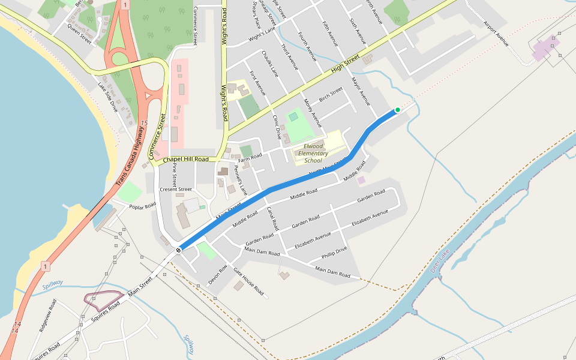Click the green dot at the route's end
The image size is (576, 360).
pyautogui.click(x=397, y=110)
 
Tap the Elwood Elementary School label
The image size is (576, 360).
pyautogui.click(x=313, y=153)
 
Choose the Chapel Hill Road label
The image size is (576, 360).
pyautogui.click(x=185, y=160)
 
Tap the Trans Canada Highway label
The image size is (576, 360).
pyautogui.click(x=131, y=155)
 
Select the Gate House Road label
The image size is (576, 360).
pyautogui.click(x=248, y=281)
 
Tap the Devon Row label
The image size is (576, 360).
pyautogui.click(x=218, y=274)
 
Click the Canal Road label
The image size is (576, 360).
pyautogui.click(x=273, y=219)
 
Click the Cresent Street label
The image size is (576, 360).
pyautogui.click(x=176, y=189)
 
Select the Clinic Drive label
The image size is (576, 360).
pyautogui.click(x=277, y=127)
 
